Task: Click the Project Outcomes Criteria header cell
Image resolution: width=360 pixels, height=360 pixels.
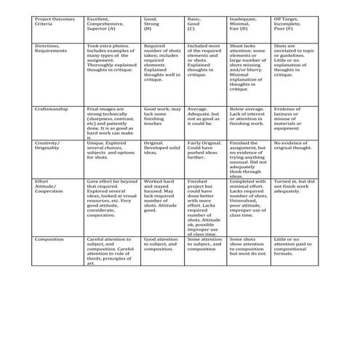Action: click(55, 25)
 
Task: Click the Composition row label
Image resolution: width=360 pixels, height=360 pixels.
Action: click(51, 239)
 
